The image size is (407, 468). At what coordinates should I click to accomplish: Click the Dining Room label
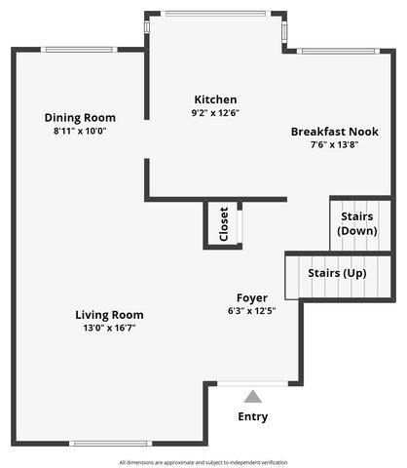pyautogui.click(x=82, y=118)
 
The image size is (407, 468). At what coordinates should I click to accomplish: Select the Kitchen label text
pyautogui.click(x=215, y=99)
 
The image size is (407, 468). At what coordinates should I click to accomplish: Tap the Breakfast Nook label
pyautogui.click(x=334, y=131)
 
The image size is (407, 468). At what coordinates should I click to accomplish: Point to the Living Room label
pyautogui.click(x=109, y=315)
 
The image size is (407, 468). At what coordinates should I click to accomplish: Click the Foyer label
pyautogui.click(x=252, y=297)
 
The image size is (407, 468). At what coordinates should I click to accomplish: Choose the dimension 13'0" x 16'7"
pyautogui.click(x=109, y=329)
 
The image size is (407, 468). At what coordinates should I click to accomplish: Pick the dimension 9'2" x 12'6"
pyautogui.click(x=215, y=113)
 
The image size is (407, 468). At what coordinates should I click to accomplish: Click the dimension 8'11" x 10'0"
pyautogui.click(x=82, y=131)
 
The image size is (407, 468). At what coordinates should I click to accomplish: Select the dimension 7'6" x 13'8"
pyautogui.click(x=334, y=144)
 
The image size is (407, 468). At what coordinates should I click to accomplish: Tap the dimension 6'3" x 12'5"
pyautogui.click(x=252, y=311)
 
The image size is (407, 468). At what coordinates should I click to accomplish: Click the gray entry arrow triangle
pyautogui.click(x=253, y=396)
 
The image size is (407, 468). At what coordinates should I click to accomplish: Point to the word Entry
pyautogui.click(x=253, y=416)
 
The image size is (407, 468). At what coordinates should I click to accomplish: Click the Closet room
pyautogui.click(x=223, y=223)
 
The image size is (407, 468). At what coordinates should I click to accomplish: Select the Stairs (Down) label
pyautogui.click(x=357, y=223)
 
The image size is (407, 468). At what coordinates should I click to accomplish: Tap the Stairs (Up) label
pyautogui.click(x=337, y=273)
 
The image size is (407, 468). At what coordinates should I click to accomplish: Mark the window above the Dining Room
pyautogui.click(x=82, y=50)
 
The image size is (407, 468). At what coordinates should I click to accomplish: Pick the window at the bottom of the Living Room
pyautogui.click(x=109, y=444)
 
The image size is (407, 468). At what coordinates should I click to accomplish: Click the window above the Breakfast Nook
pyautogui.click(x=335, y=50)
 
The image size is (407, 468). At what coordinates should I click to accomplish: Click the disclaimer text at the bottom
pyautogui.click(x=203, y=461)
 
